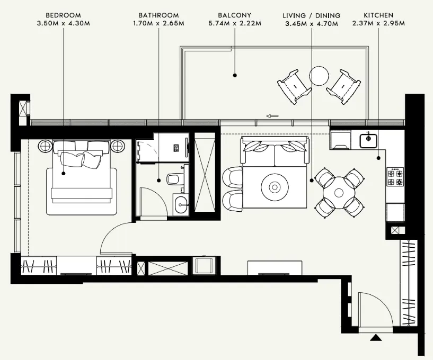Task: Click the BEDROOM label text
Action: pos(63,15)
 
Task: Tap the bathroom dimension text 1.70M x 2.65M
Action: pos(159,23)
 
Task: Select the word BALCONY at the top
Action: pos(235,15)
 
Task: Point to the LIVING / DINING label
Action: pos(312,15)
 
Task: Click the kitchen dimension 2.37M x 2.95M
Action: pos(378,23)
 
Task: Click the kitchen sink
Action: pos(368,140)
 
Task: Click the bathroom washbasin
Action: pos(181,205)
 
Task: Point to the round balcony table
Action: pos(319,76)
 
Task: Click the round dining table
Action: pos(339,193)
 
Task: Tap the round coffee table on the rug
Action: pos(275,187)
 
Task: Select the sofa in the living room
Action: pos(275,151)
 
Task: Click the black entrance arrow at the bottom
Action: pos(375,337)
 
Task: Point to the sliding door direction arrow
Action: pos(272,116)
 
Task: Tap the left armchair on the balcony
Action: pos(294,87)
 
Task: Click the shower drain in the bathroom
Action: pos(176,148)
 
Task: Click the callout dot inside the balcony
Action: pos(235,75)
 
